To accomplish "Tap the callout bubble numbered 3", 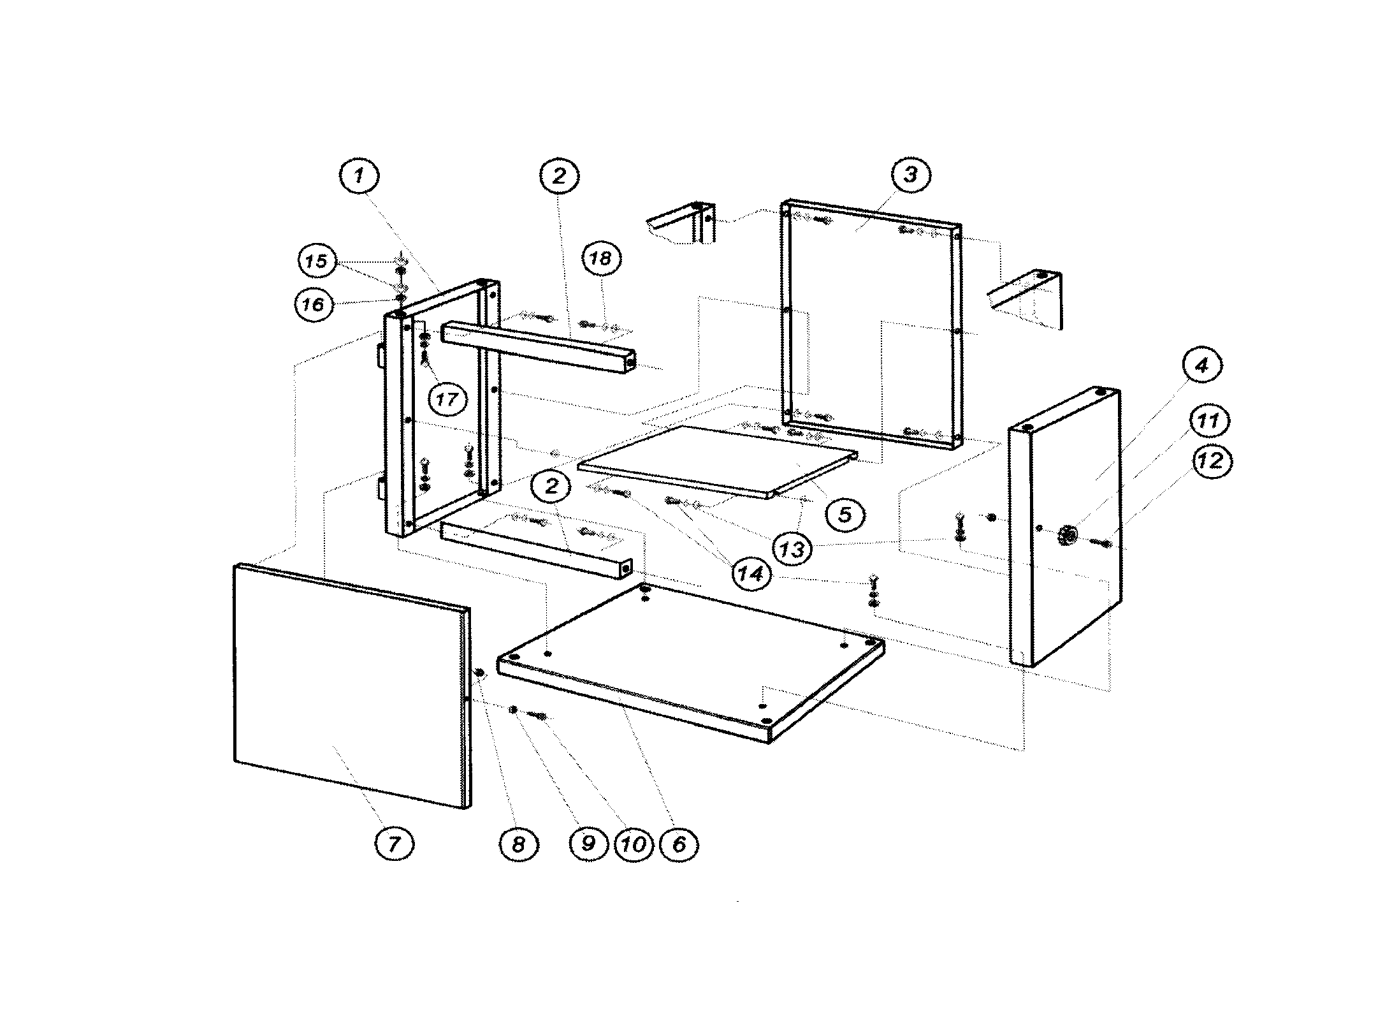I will [910, 175].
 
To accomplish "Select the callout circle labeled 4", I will [1201, 366].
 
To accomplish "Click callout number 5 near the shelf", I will [844, 514].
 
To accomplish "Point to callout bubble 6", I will [679, 844].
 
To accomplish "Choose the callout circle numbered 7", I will [394, 844].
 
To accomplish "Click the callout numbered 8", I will [518, 844].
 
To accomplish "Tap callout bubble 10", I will [634, 844].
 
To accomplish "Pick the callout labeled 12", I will [1210, 460].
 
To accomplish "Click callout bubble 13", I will [792, 548].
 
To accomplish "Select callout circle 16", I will [314, 304].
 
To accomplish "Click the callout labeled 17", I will [447, 399].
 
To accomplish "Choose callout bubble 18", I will [600, 258].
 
